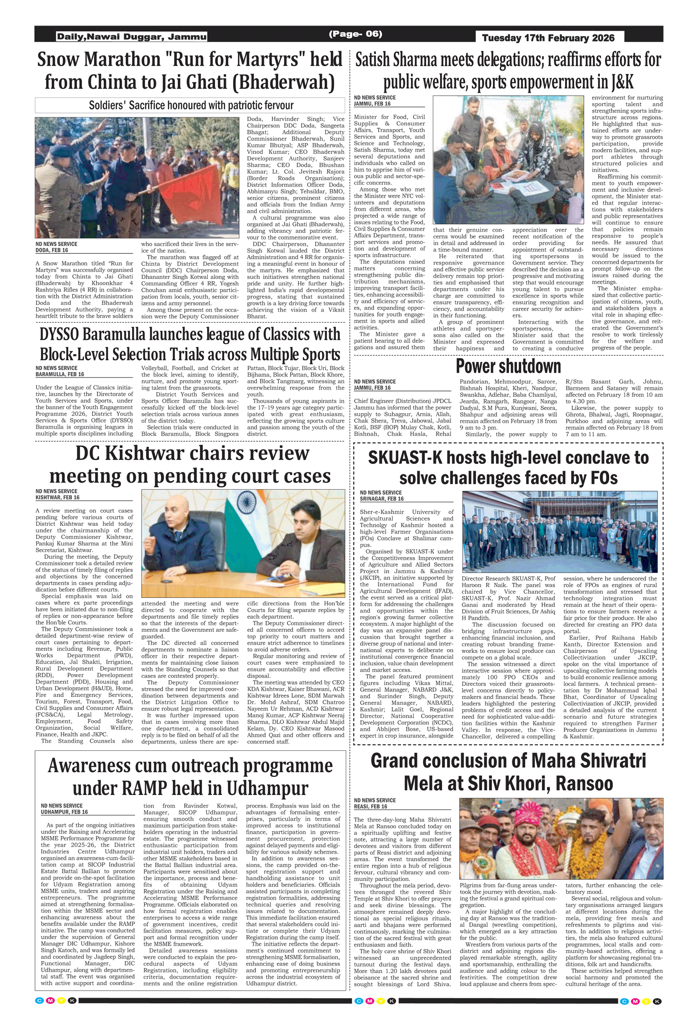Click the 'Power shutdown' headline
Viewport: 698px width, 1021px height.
508,366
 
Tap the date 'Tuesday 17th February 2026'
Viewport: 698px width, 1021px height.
548,38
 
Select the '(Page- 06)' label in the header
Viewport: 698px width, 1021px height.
356,34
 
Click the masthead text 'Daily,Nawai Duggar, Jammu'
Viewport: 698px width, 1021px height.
132,37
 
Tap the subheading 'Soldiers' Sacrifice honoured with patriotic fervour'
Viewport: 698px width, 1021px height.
191,106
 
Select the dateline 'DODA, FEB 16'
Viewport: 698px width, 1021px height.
52,250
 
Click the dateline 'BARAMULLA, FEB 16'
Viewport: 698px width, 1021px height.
60,374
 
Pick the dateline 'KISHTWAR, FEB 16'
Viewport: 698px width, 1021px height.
57,497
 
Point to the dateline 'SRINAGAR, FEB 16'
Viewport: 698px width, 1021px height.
382,498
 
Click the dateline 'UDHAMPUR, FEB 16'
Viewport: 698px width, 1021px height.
64,812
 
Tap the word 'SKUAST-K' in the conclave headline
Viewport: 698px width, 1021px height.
405,458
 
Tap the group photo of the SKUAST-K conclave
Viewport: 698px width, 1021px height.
559,532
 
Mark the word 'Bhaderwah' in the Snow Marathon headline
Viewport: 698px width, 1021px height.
283,82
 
